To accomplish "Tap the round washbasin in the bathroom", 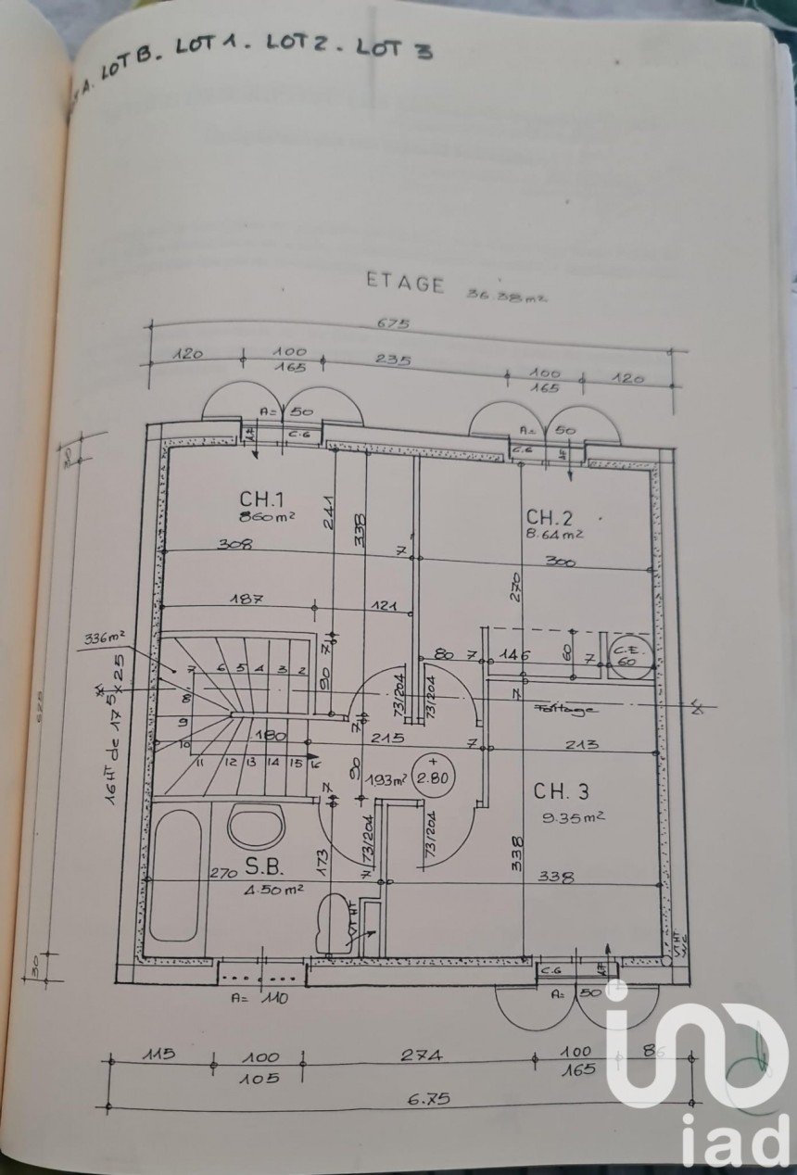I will point(255,826).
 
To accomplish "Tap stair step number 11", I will point(201,763).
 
